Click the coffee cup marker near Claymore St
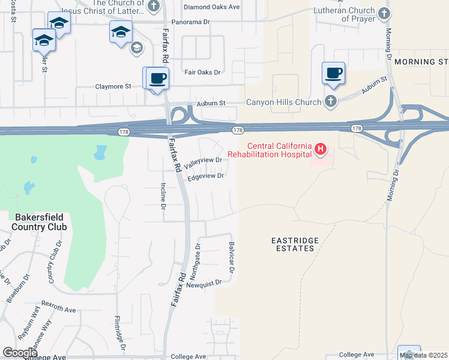coord(158,78)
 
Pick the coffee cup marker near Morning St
coord(333,73)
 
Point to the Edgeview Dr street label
coord(205,176)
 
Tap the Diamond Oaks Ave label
coord(211,7)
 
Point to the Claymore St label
coord(113,86)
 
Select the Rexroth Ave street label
coord(58,309)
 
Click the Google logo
coord(20,353)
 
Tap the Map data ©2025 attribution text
coord(424,355)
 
